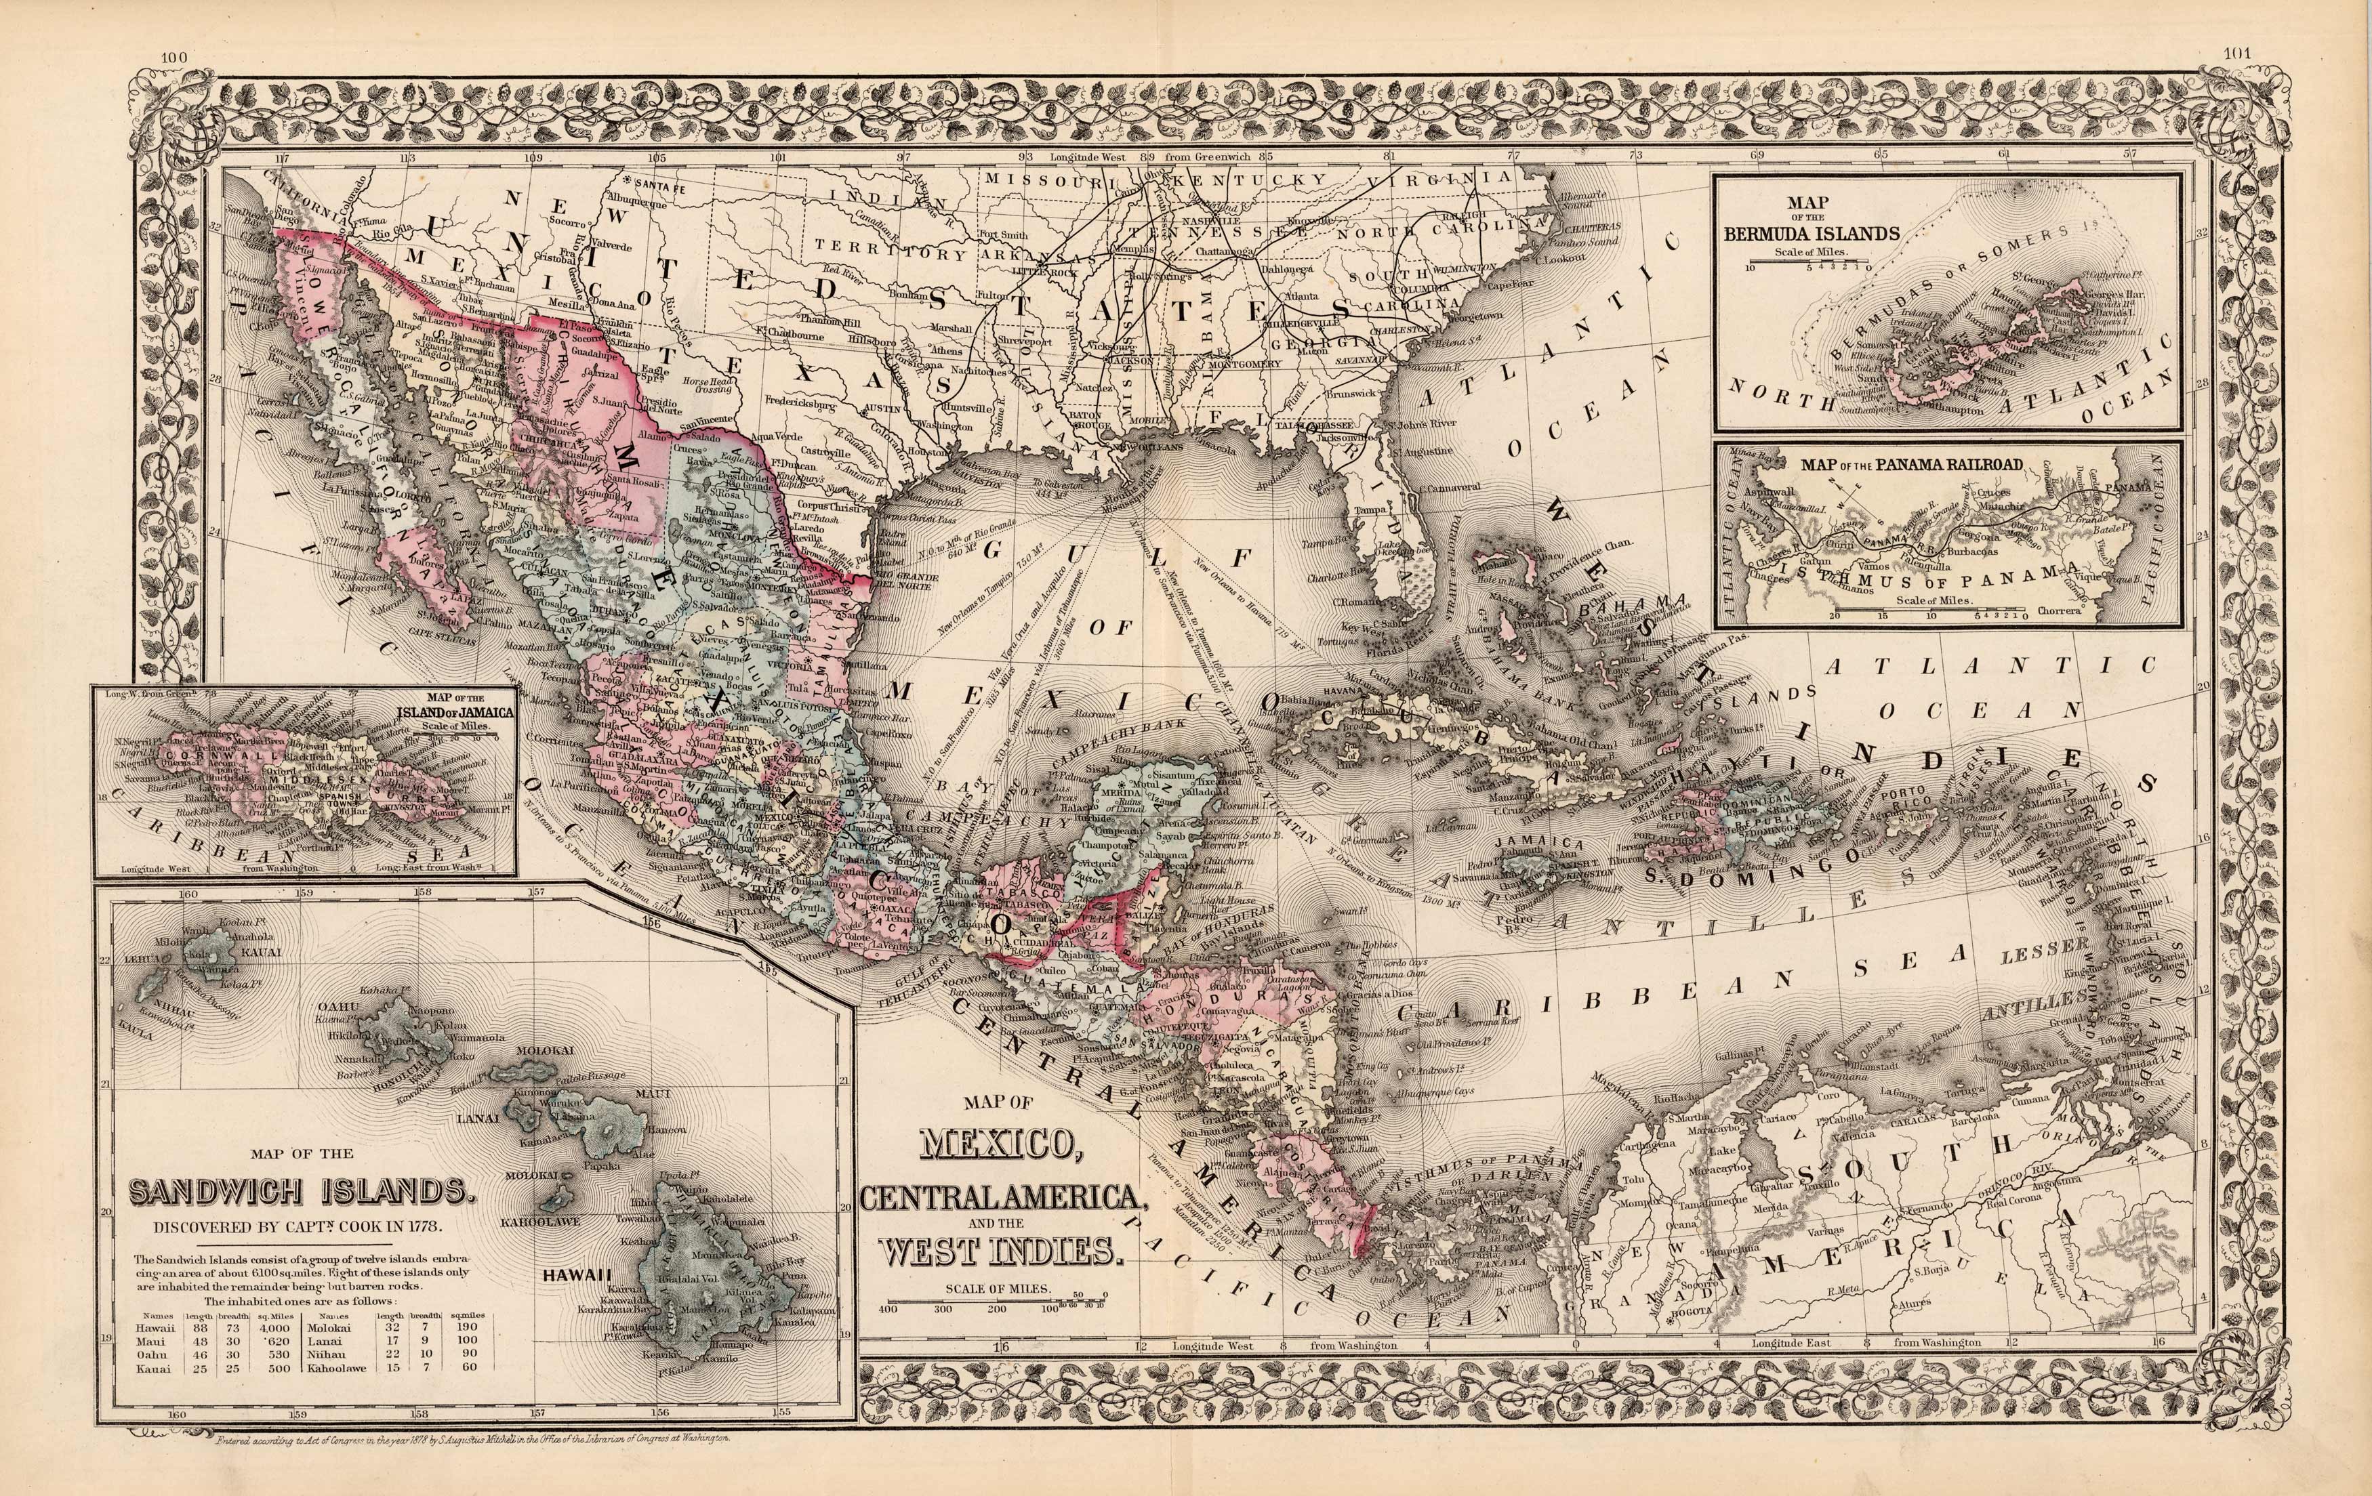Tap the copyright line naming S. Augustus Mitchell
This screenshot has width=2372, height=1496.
[x=473, y=1466]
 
